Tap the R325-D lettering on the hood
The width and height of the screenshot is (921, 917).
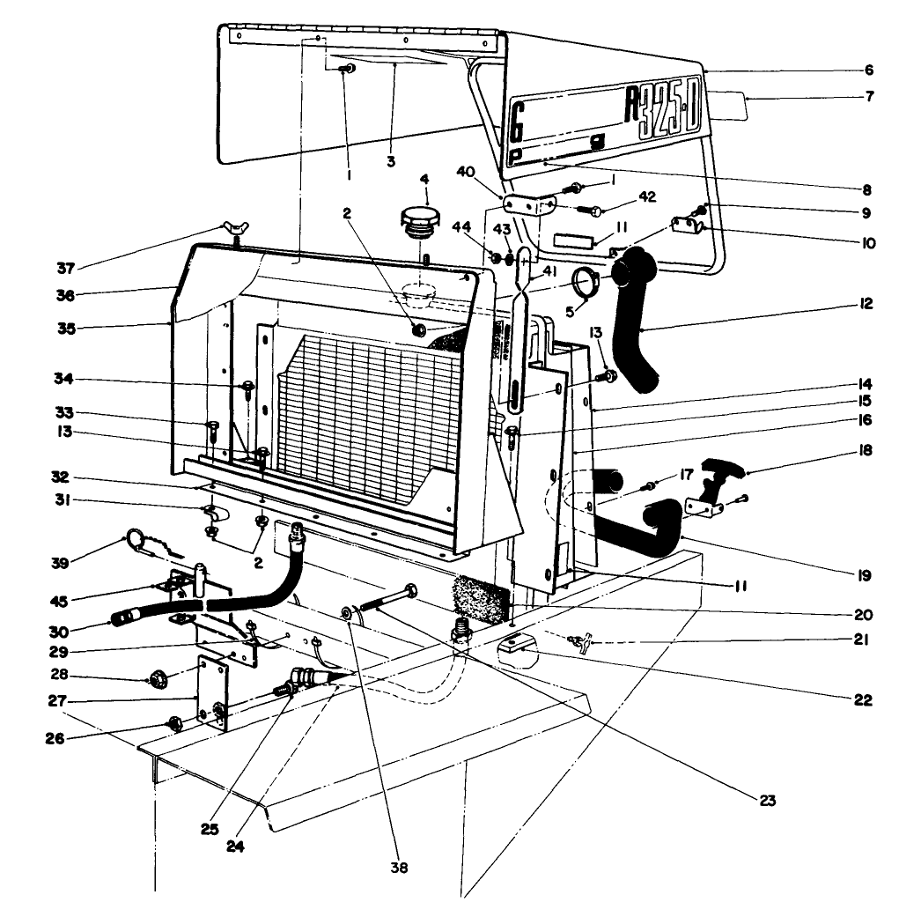coord(660,112)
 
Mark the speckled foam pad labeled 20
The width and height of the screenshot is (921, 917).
coord(480,596)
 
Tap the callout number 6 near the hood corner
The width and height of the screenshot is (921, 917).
coord(869,70)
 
